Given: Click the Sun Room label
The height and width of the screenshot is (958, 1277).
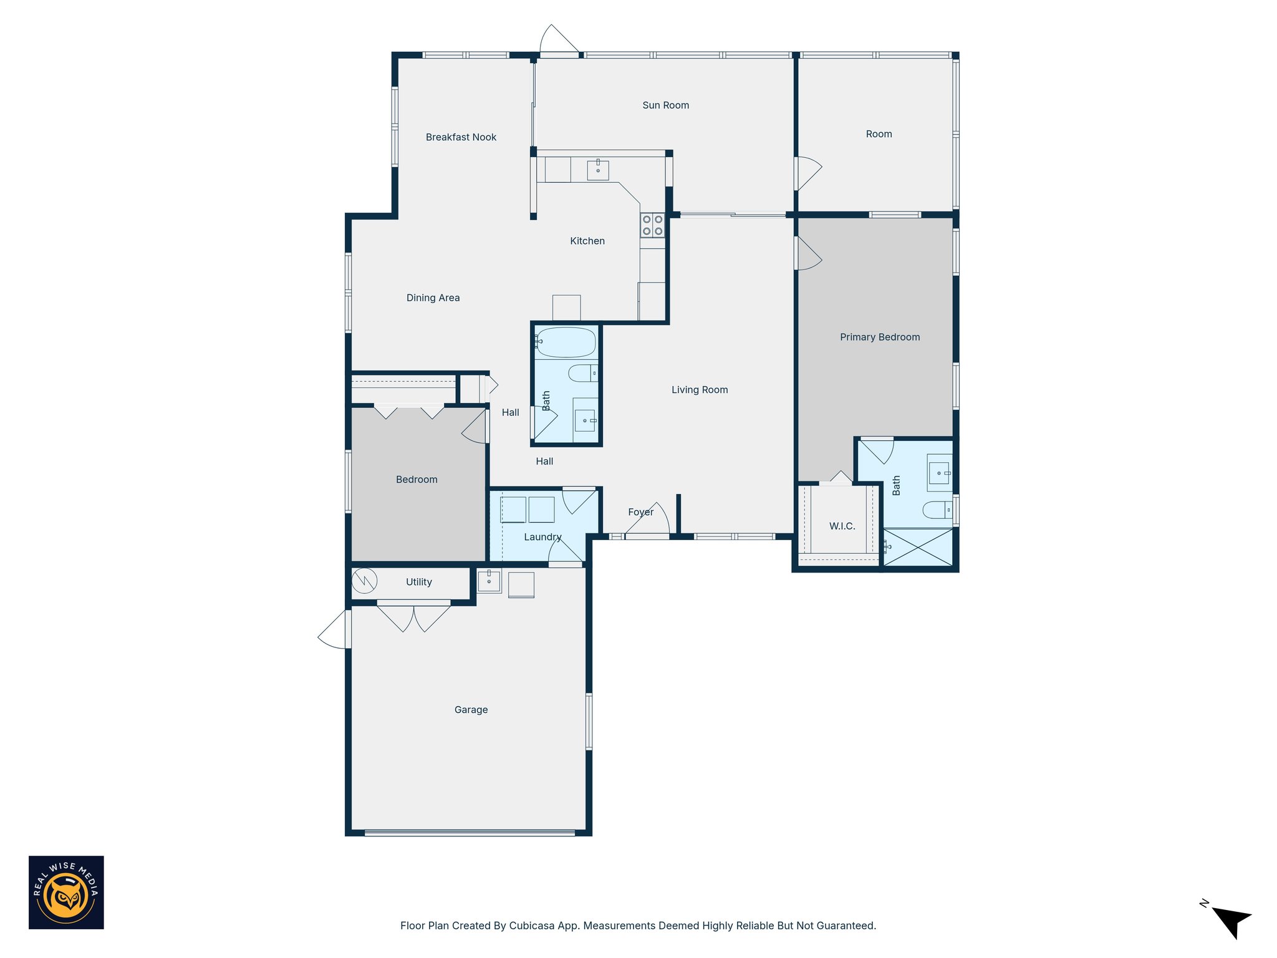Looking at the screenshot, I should (665, 105).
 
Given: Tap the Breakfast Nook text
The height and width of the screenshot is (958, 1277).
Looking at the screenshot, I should (461, 137).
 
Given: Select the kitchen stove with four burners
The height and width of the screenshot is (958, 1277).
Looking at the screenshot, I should (652, 225).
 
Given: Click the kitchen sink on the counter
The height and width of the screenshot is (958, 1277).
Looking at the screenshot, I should (597, 170).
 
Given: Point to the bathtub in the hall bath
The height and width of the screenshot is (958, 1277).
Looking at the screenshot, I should (566, 342).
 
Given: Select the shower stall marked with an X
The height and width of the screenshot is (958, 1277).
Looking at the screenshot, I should (918, 548).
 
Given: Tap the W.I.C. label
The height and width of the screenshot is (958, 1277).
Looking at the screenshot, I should (842, 526).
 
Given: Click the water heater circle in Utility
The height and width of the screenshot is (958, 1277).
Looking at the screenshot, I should (364, 581).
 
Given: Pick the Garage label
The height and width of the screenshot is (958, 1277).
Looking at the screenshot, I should (471, 710).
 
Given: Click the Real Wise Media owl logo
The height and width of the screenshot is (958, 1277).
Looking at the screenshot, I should (66, 893).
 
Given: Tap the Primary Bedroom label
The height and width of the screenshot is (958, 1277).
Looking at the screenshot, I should (879, 337).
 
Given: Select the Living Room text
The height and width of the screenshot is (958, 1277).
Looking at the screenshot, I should (699, 390).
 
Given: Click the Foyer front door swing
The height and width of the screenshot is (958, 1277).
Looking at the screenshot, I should (652, 519).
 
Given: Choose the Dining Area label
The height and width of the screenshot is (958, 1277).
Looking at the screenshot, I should (433, 298).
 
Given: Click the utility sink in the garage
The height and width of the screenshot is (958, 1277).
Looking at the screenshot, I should (489, 581).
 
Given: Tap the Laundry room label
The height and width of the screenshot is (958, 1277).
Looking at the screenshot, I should (542, 537).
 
